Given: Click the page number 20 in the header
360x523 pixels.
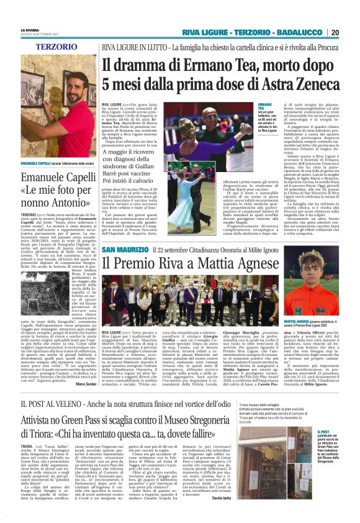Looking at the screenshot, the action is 352,32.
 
